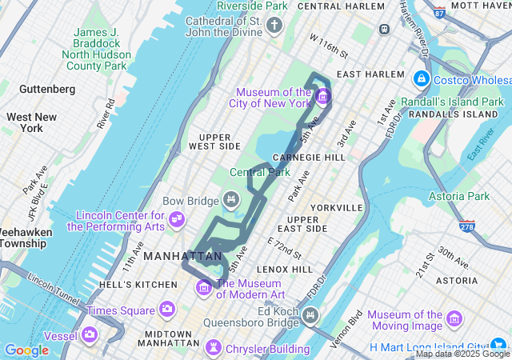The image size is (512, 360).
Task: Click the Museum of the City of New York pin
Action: click(x=323, y=98)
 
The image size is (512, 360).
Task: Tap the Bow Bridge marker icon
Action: click(x=231, y=198)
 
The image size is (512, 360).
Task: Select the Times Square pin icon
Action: click(x=167, y=308)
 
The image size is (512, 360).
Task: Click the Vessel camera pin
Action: click(x=90, y=334)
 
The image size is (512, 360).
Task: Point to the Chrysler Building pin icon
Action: click(x=214, y=346)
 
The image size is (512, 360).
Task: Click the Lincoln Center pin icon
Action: click(x=177, y=218)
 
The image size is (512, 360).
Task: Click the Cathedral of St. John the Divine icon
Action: click(x=274, y=26)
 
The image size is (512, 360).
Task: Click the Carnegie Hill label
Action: click(x=308, y=157)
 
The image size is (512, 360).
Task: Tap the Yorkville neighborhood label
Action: click(x=336, y=207)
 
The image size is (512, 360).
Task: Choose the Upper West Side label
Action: click(x=214, y=142)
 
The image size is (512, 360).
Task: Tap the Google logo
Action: click(x=26, y=350)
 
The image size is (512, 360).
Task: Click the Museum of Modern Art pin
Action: click(x=205, y=286)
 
